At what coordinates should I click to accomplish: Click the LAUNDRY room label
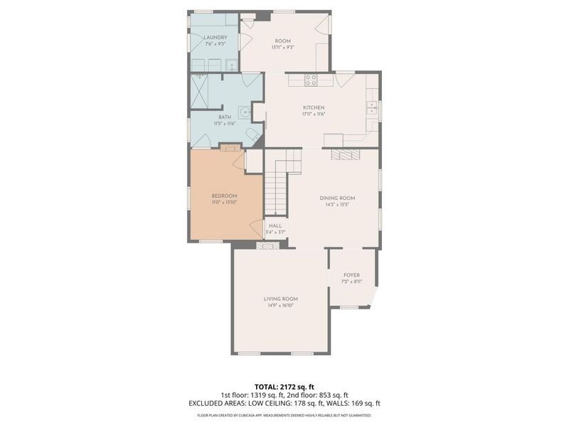216,37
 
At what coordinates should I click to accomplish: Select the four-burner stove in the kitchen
311,80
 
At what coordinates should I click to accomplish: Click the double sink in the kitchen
371,108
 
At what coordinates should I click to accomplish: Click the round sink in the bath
244,112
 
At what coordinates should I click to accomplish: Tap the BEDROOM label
224,196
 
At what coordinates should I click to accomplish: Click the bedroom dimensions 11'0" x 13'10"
224,203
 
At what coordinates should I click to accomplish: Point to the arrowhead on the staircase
275,212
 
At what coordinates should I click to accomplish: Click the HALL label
275,226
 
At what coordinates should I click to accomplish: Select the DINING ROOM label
338,198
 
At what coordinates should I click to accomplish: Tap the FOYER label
351,275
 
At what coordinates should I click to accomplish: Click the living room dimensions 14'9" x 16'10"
280,305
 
